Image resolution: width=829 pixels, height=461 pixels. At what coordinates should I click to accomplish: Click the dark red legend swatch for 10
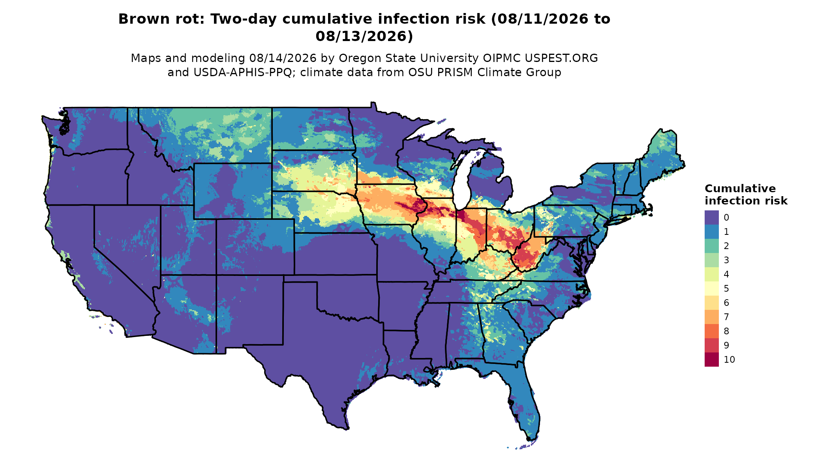711,360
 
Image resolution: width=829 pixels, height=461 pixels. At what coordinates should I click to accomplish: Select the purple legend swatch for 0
711,217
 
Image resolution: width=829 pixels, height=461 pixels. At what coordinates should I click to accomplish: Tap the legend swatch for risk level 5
711,289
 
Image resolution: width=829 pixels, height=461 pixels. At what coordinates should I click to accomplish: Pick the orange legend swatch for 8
711,331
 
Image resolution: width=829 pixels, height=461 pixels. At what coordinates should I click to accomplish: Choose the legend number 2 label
726,246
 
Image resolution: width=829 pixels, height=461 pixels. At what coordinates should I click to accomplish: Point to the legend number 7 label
726,317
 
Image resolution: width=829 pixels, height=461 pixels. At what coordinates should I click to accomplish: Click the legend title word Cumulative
740,188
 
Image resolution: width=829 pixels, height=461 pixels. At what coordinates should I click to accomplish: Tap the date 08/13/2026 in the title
364,36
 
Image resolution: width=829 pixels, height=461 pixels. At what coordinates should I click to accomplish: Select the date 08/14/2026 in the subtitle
283,58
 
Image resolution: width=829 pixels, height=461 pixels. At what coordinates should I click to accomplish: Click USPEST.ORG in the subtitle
561,58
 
